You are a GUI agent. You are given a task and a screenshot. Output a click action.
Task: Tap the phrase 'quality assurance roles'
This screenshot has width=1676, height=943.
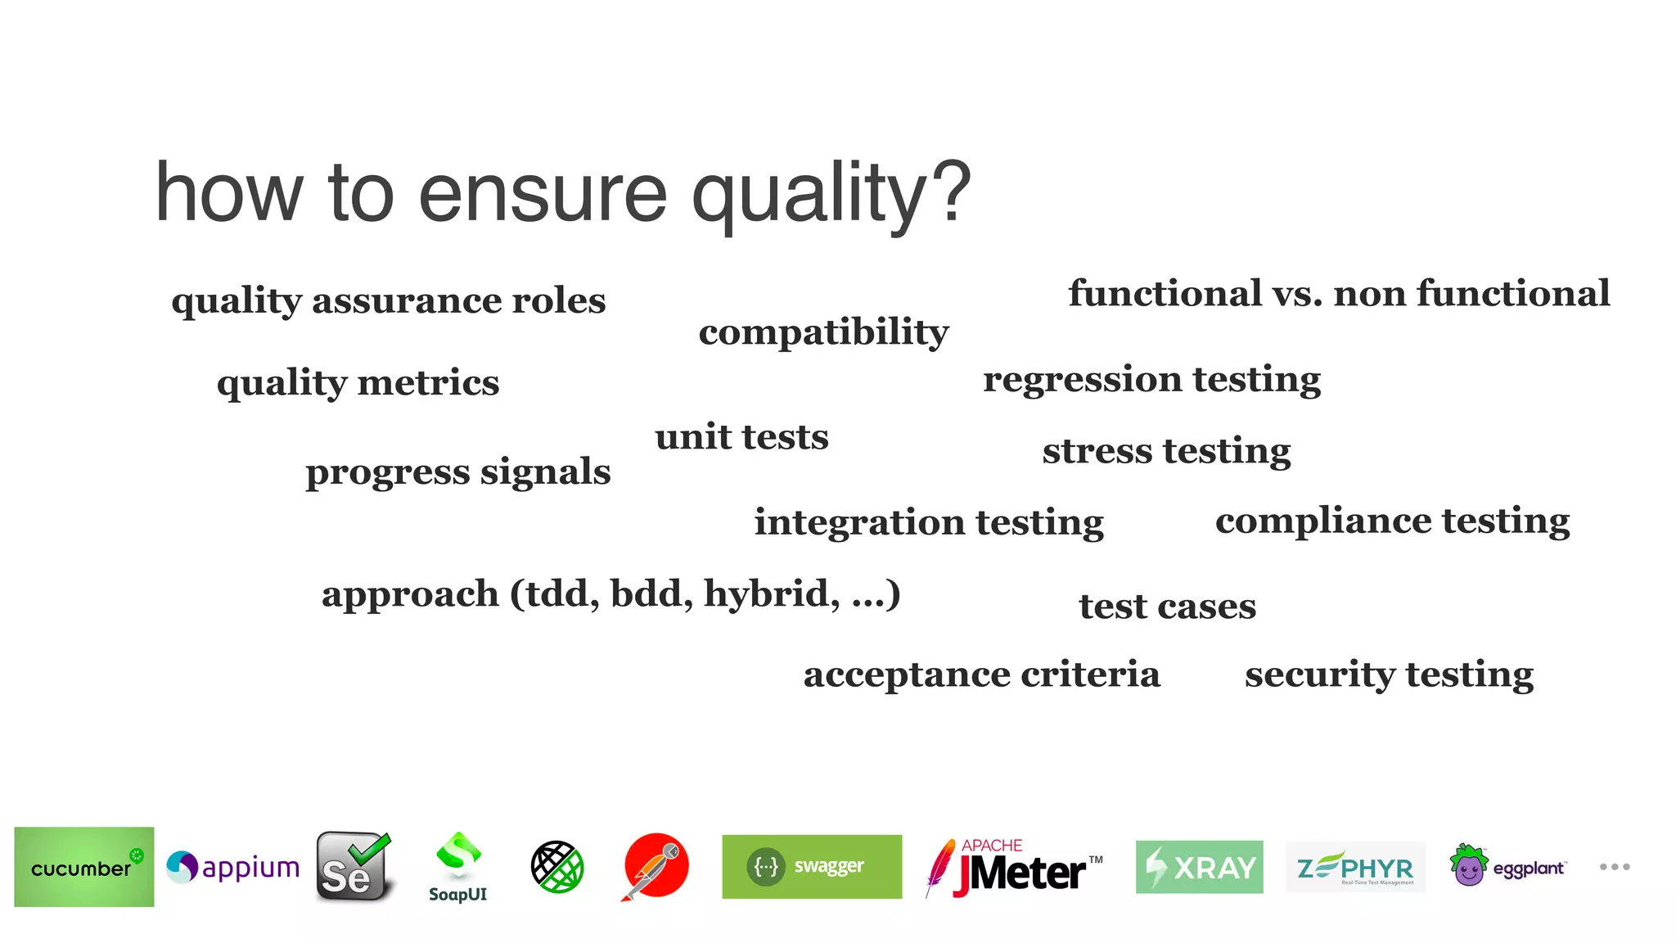[x=389, y=301]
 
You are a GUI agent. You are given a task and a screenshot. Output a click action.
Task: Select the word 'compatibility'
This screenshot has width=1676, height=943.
[x=823, y=332]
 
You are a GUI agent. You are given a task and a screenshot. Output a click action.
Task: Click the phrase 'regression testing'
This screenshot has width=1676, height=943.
[x=1151, y=380]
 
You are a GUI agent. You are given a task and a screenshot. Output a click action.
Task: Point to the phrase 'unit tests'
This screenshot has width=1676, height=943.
[x=741, y=437]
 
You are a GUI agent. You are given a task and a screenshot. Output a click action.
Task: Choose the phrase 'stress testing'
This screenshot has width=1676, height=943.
[x=1166, y=451]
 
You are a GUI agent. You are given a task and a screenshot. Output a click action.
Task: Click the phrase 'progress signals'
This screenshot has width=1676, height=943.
[x=458, y=472]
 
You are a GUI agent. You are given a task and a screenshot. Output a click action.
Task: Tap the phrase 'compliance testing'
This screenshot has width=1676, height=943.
[x=1392, y=521]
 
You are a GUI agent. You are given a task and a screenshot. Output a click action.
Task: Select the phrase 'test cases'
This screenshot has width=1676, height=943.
[x=1167, y=607]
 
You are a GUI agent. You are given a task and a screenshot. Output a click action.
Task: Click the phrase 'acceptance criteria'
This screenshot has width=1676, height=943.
[x=981, y=675]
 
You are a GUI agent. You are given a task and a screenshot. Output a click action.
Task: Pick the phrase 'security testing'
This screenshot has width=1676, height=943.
[x=1389, y=675]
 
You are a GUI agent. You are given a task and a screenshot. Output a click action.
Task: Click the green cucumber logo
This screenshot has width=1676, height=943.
[x=84, y=867]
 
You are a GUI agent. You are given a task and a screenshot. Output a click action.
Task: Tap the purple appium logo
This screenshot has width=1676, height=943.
[x=233, y=867]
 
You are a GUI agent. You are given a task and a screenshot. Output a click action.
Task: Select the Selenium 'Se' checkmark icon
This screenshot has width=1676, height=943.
[x=354, y=867]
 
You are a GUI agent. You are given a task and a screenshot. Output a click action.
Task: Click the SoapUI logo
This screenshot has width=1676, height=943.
[x=458, y=867]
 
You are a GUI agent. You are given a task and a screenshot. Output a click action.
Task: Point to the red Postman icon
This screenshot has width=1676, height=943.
[x=656, y=866]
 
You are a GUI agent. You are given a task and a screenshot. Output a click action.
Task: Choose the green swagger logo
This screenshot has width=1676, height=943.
[x=812, y=867]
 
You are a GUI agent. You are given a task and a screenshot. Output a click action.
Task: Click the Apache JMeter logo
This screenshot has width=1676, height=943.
[x=1015, y=868]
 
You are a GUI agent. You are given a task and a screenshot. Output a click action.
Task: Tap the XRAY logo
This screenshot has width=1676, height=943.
[x=1199, y=867]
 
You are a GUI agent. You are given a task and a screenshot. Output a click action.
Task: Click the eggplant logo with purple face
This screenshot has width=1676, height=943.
[x=1507, y=866]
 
